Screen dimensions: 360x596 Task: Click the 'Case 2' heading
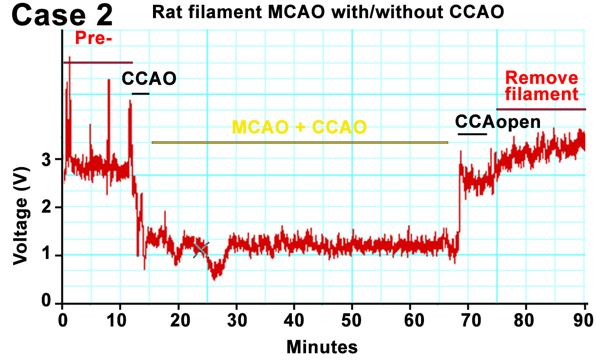(x=62, y=16)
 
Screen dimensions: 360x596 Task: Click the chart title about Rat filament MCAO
(x=328, y=12)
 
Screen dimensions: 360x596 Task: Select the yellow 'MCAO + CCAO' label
(x=299, y=127)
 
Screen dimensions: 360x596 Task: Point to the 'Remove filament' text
(x=541, y=86)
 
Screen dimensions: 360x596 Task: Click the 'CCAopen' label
(x=498, y=121)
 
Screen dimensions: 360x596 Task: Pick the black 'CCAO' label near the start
(x=149, y=78)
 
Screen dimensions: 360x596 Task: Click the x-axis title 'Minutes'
(x=322, y=347)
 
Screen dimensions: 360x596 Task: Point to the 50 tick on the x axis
(x=352, y=321)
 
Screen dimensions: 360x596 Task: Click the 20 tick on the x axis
(x=178, y=321)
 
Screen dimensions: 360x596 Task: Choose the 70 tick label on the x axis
(x=467, y=321)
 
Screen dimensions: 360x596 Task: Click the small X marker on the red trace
(x=201, y=249)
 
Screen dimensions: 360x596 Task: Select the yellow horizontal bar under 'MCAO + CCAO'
(x=299, y=142)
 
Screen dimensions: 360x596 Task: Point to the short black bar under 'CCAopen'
(x=472, y=133)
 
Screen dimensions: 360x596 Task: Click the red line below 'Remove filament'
(x=541, y=109)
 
